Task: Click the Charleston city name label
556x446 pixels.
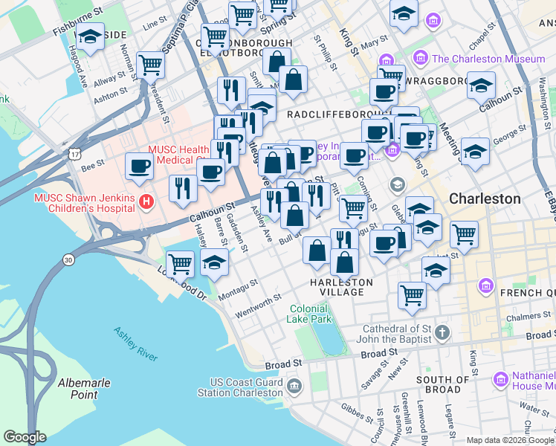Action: click(x=484, y=199)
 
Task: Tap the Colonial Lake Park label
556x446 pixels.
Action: click(x=309, y=313)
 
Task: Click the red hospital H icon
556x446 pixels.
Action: click(x=146, y=200)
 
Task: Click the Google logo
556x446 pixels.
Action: click(x=25, y=437)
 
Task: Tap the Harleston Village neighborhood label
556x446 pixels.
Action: click(x=342, y=287)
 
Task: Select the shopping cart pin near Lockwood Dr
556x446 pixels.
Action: click(x=181, y=262)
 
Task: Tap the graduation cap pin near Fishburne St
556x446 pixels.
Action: click(x=90, y=36)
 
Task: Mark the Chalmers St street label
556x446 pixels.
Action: click(x=529, y=317)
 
